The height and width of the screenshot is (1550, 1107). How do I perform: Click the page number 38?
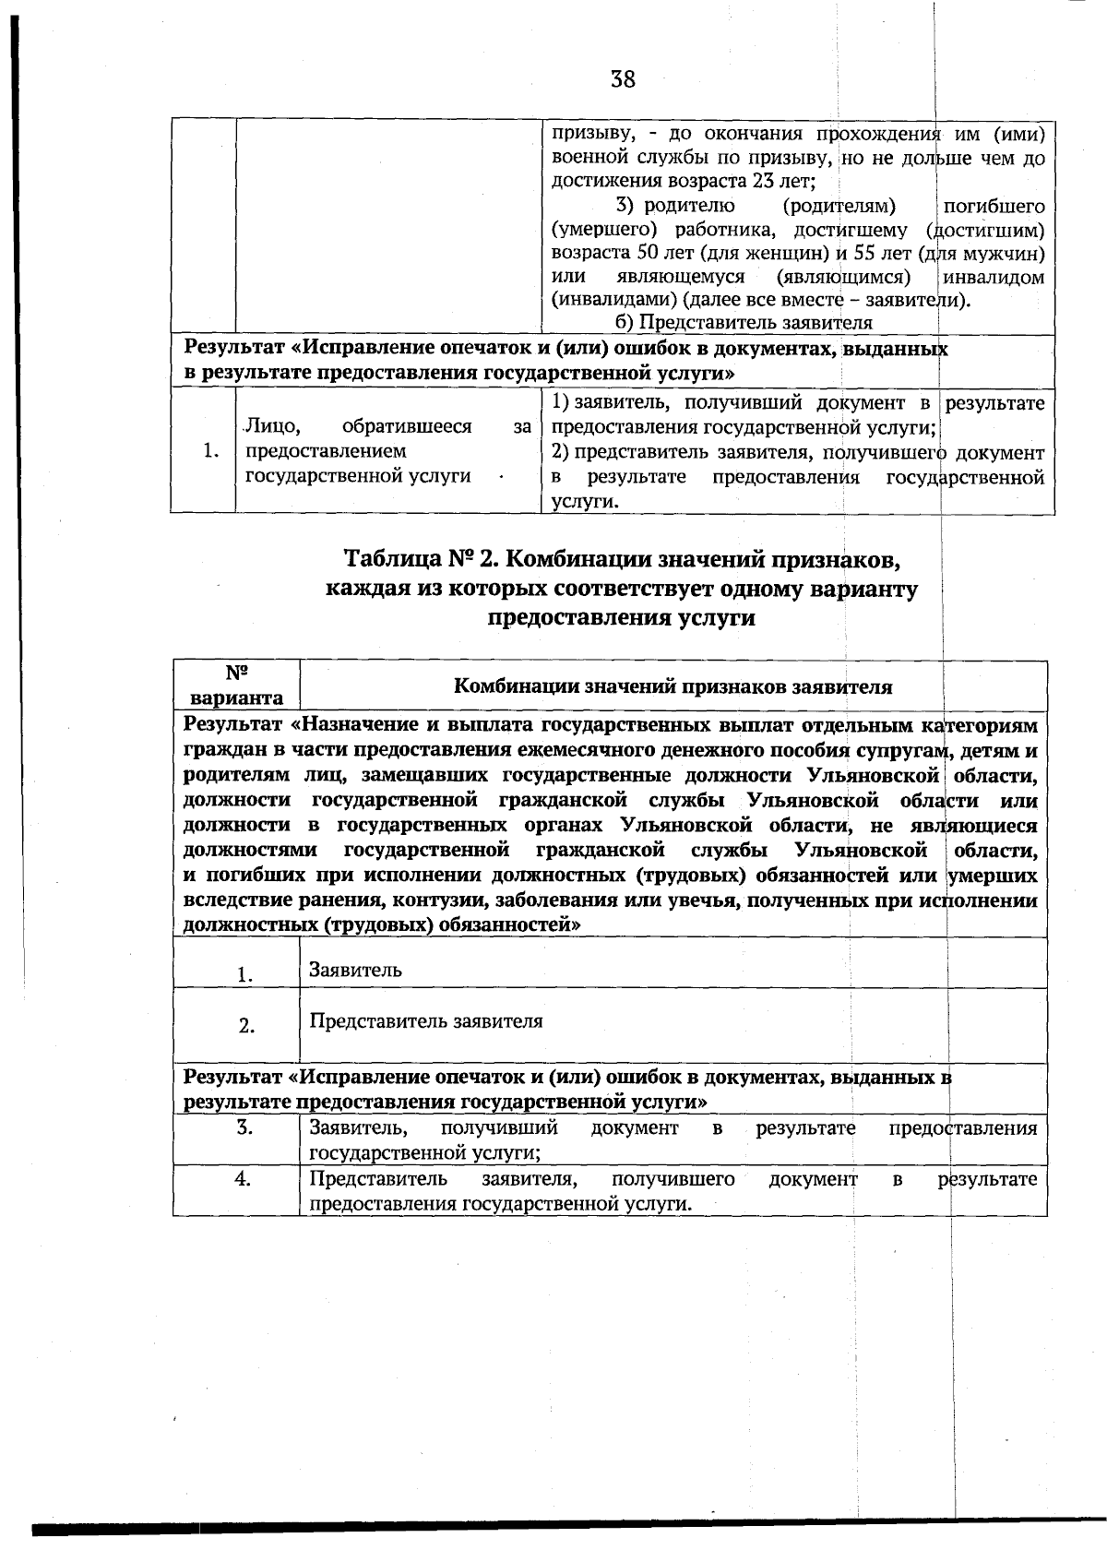point(623,79)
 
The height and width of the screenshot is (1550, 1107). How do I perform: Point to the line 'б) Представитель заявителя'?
point(743,323)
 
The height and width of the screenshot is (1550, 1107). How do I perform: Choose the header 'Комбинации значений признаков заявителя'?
point(673,686)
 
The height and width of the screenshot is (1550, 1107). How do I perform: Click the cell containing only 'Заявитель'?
point(355,970)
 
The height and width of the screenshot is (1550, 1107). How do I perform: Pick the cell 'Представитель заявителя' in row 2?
point(425,1021)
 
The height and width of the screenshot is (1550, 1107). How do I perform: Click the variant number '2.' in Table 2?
point(246,1026)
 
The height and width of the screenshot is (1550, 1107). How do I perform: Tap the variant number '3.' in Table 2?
point(244,1127)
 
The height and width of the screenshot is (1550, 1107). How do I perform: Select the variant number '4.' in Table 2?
point(243,1178)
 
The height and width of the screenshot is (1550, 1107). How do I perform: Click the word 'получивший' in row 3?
point(499,1127)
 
